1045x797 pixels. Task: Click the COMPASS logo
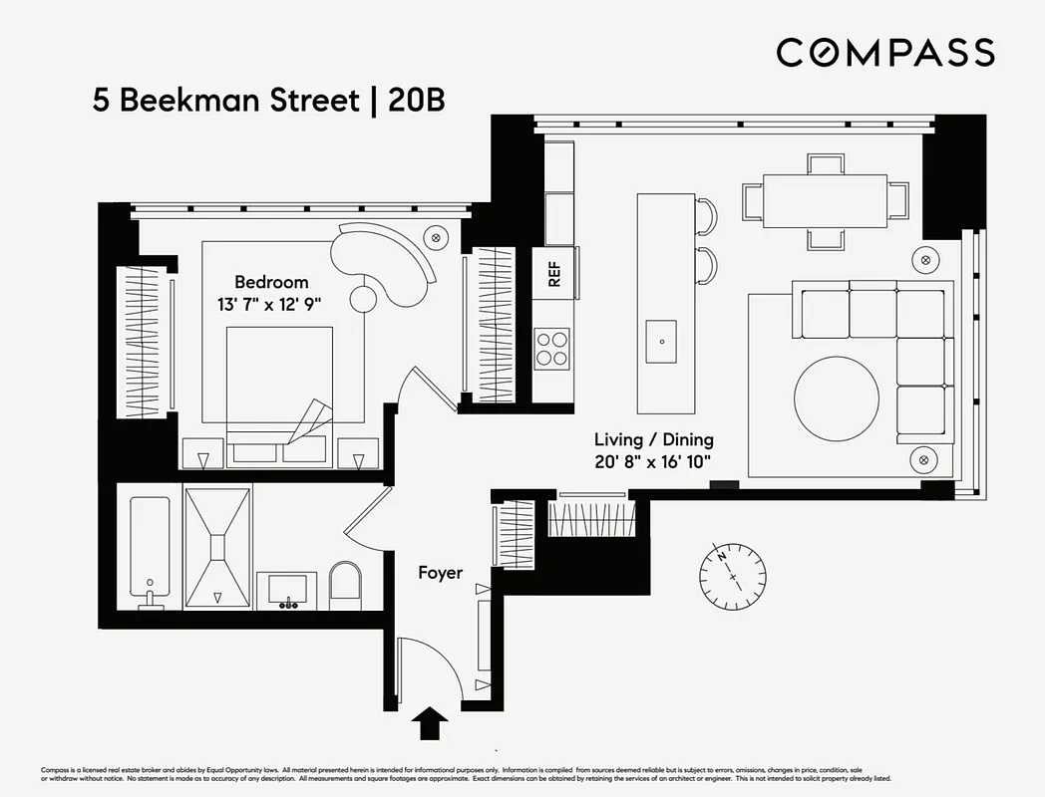[885, 52]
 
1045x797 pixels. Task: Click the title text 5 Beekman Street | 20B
[268, 102]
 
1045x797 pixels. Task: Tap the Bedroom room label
[271, 282]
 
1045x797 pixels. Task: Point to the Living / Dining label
[653, 439]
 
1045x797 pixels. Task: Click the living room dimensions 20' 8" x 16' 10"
[653, 460]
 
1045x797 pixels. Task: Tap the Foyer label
[440, 573]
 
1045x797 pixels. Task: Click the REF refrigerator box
[553, 274]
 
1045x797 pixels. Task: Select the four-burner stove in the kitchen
[552, 349]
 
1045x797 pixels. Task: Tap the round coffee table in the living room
[837, 399]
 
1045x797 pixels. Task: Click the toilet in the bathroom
[347, 587]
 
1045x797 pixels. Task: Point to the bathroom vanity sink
[287, 591]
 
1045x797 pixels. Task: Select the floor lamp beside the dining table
[926, 259]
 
